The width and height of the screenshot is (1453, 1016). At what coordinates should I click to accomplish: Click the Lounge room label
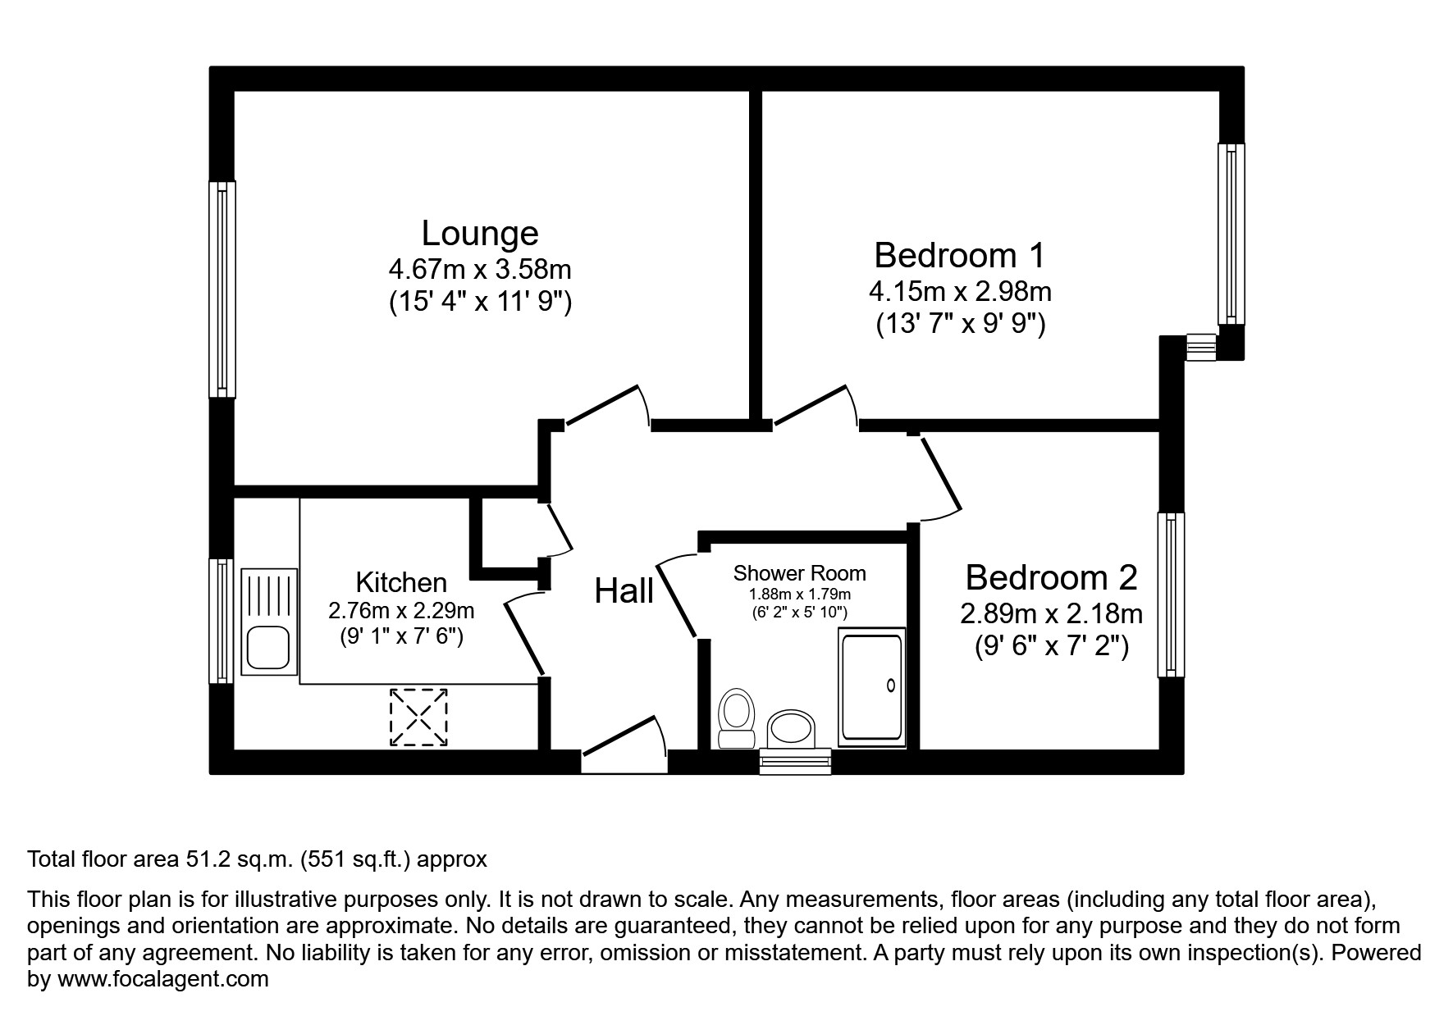tap(480, 234)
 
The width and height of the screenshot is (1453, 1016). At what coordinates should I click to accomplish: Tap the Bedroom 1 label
tap(959, 255)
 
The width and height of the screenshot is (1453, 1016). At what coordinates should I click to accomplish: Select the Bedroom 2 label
tap(1051, 577)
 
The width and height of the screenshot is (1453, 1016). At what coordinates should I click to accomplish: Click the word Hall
tap(624, 590)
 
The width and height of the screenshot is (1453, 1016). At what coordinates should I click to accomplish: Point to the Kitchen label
tap(401, 582)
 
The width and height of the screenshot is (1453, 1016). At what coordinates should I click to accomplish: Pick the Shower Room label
tap(799, 573)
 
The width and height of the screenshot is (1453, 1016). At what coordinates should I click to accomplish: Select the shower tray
tap(871, 687)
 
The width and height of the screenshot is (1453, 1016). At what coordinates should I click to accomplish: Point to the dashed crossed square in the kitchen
tap(418, 718)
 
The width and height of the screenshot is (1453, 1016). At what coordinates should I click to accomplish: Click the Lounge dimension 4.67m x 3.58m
tap(480, 269)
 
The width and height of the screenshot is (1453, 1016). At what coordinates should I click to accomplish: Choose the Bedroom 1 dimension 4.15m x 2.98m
tap(959, 291)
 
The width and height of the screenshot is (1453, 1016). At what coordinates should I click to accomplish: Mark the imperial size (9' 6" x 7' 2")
tap(1051, 647)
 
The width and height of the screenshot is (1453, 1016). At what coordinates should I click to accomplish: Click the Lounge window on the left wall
tap(222, 289)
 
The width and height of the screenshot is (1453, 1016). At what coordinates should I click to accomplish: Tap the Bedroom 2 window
tap(1171, 595)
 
